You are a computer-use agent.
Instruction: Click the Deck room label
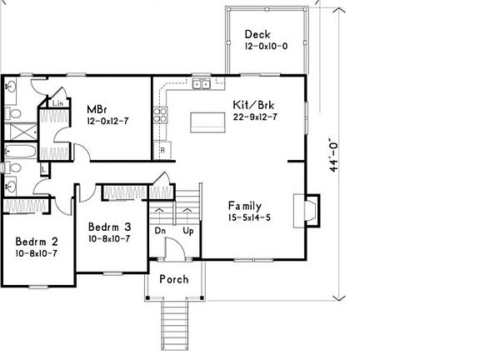point(257,34)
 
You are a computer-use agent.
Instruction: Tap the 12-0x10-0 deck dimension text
point(266,46)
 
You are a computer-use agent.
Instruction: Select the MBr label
point(97,109)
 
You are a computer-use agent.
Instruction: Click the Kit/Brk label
point(253,105)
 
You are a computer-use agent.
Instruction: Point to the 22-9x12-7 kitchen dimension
point(255,117)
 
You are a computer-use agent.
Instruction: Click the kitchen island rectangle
point(207,122)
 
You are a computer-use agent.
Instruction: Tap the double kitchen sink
point(202,83)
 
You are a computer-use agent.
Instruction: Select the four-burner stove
point(160,115)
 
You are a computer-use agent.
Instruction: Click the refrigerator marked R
point(162,150)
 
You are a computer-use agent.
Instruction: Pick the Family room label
point(245,206)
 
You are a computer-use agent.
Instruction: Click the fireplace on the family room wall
point(307,211)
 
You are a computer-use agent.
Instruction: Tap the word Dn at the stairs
point(160,231)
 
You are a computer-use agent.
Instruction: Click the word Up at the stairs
point(188,231)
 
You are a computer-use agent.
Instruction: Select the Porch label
point(174,279)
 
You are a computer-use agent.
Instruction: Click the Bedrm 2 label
point(37,242)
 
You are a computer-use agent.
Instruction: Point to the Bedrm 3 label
point(109,227)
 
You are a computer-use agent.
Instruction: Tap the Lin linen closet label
point(57,103)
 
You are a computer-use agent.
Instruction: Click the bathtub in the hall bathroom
point(21,151)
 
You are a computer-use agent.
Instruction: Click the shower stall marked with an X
point(21,132)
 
